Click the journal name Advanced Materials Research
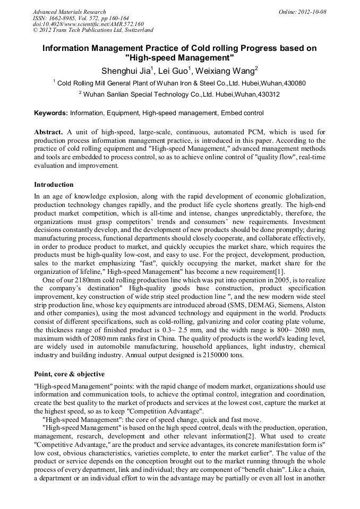pos(69,12)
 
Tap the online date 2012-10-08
pos(312,12)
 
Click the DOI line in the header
pos(88,24)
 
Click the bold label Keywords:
pos(51,113)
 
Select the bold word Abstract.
pos(49,132)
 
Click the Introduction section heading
pos(54,185)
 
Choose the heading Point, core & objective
pos(69,374)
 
